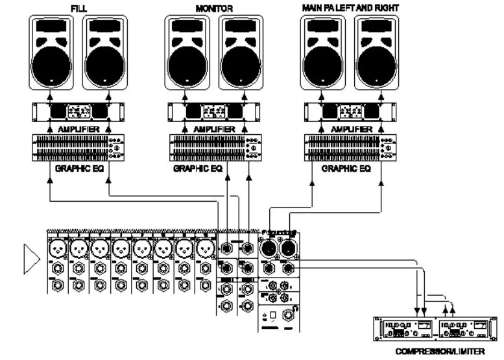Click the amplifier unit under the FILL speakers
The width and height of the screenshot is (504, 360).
tap(79, 112)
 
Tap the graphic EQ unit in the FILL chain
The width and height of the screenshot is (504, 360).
tap(79, 147)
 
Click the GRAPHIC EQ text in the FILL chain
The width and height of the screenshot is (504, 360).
tap(78, 168)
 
